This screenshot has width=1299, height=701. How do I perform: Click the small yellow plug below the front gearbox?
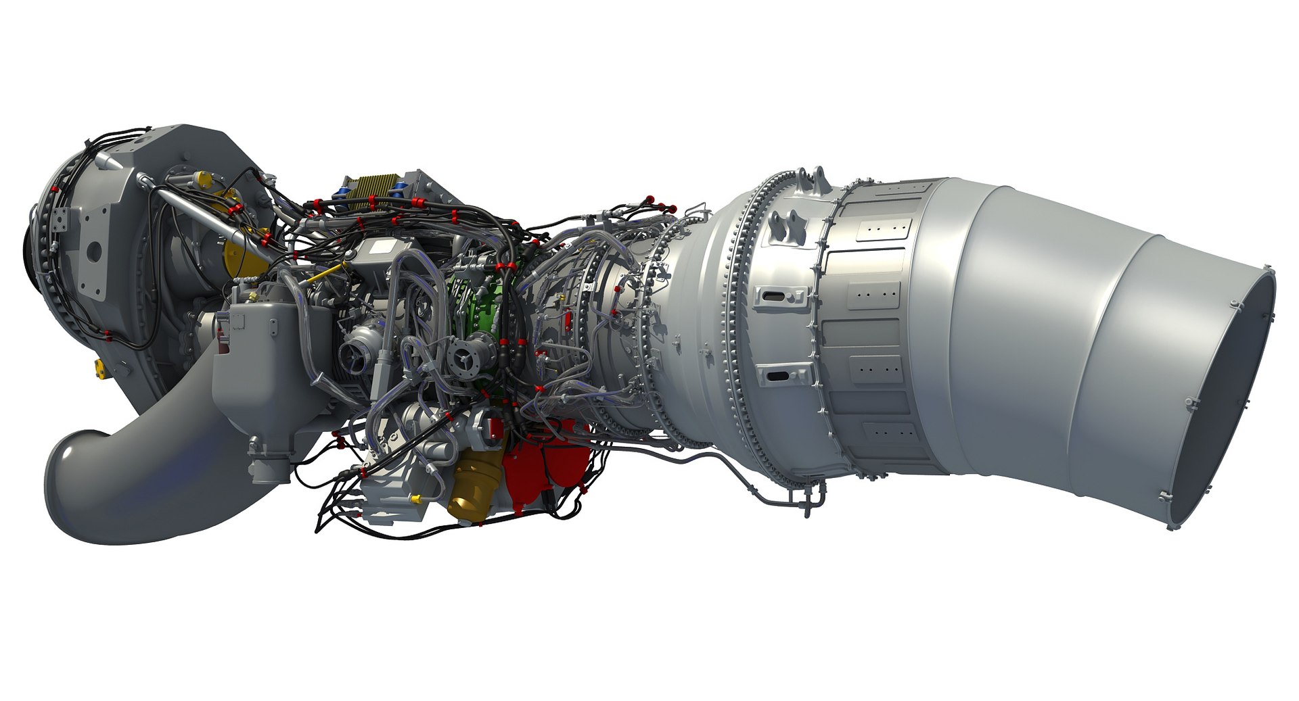point(99,367)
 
